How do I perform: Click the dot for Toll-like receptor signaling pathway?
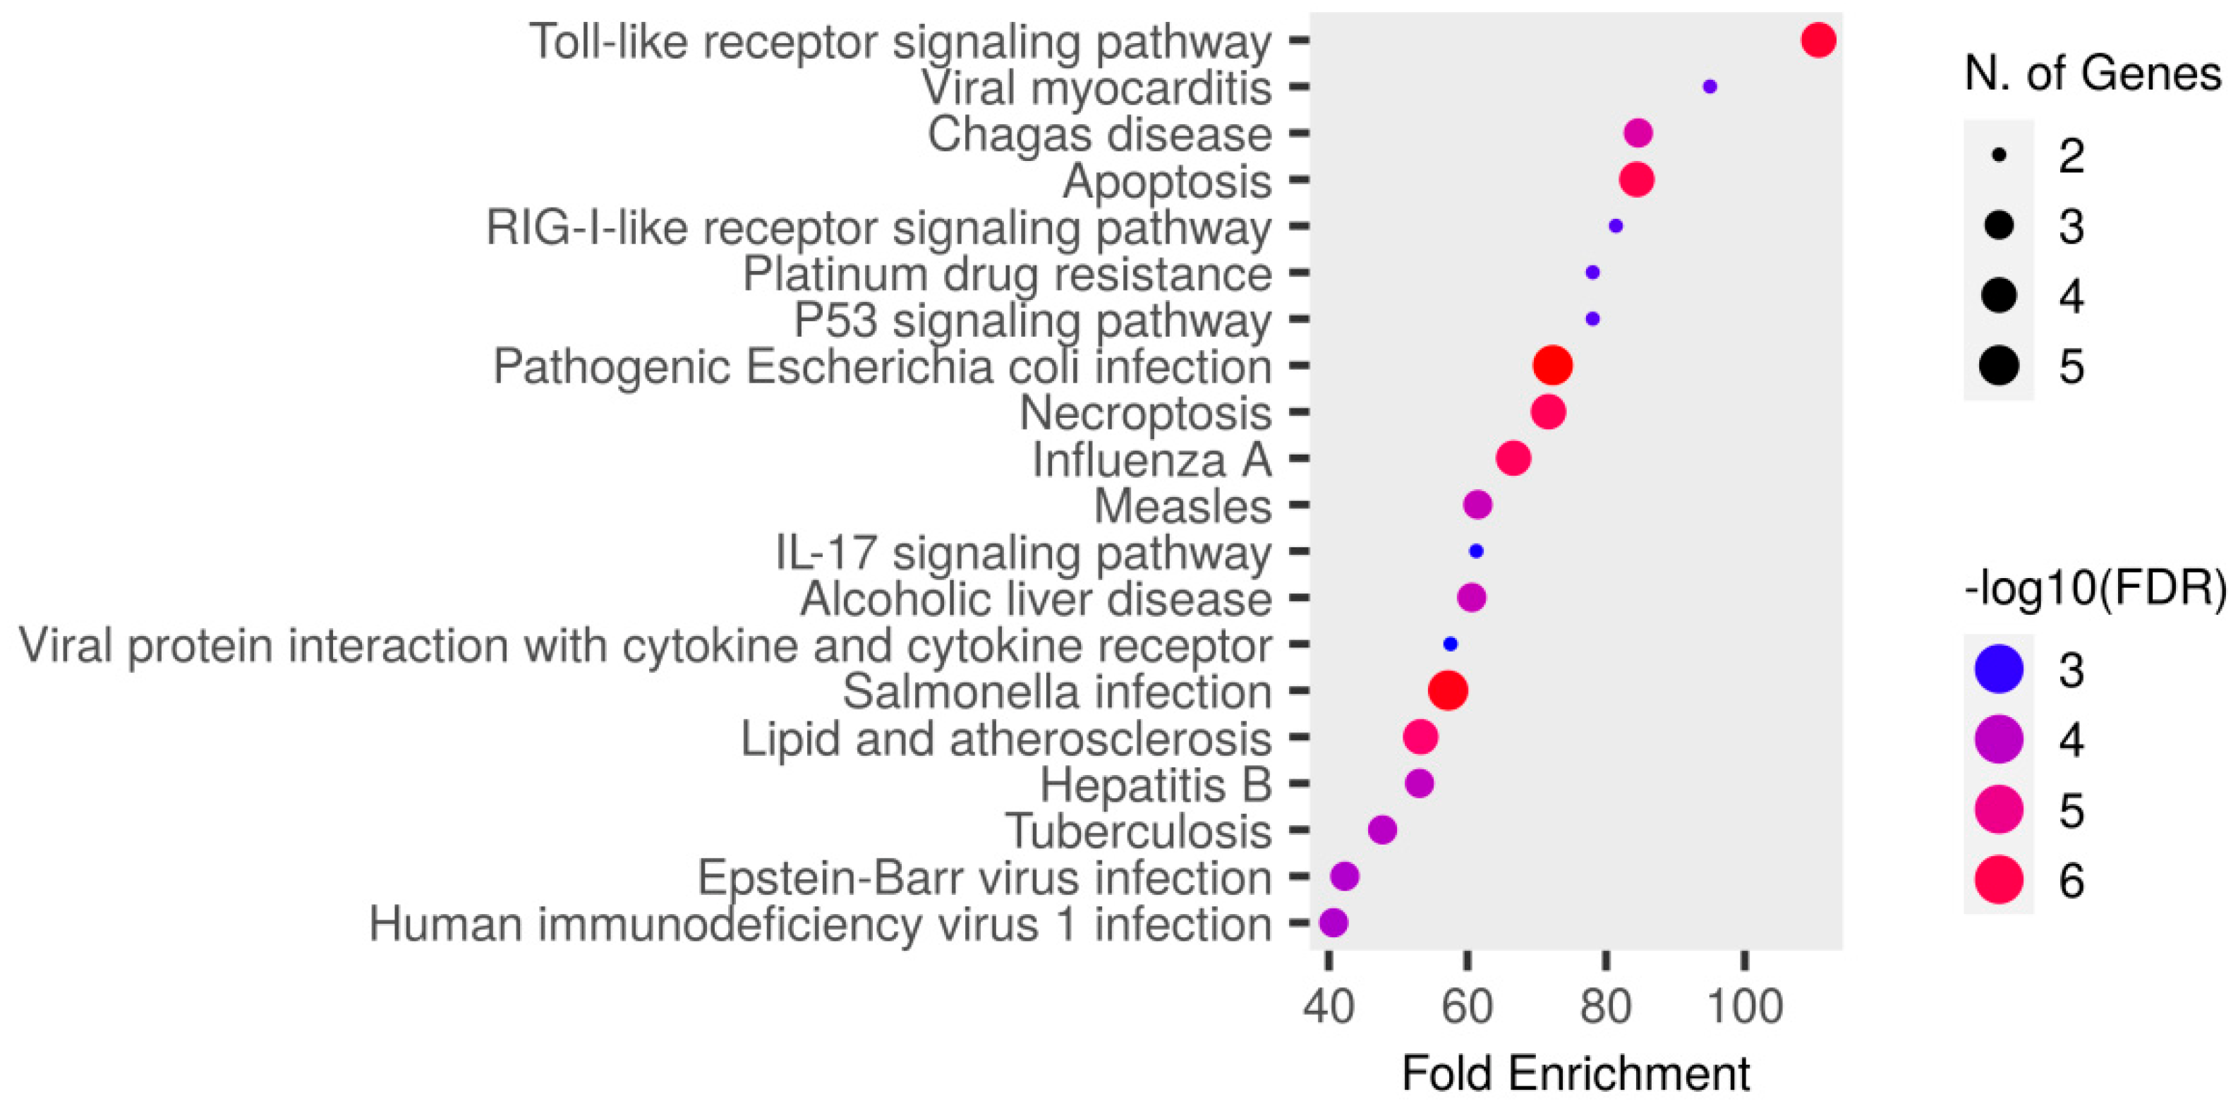tap(1818, 40)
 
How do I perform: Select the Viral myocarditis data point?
tap(1710, 87)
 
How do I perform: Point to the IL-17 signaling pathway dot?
tap(1476, 551)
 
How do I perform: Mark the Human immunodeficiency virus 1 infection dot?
tap(1333, 922)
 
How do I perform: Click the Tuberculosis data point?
tap(1382, 830)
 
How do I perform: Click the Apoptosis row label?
tap(1167, 181)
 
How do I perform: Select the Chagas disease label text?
tap(1099, 135)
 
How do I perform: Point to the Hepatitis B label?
tap(1156, 786)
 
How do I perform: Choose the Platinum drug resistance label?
tap(1007, 275)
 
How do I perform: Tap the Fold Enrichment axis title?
tap(1575, 1074)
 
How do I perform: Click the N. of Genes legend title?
tap(2092, 73)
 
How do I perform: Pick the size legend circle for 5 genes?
tap(1999, 365)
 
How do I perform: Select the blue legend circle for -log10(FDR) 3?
tap(1999, 670)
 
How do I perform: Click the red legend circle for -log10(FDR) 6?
tap(1999, 880)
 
